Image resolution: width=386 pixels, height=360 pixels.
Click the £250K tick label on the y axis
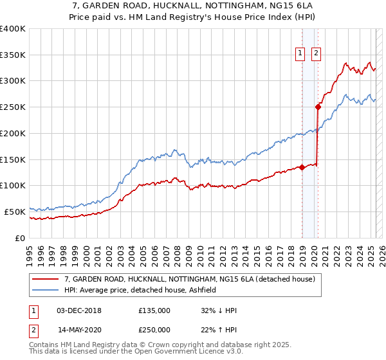tap(13, 107)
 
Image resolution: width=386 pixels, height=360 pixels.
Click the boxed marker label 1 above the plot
tap(301, 54)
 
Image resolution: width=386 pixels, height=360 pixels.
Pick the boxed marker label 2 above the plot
tap(317, 54)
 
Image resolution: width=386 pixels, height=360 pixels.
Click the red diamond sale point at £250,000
tap(318, 107)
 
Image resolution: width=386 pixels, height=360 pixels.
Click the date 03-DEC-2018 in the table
tap(79, 310)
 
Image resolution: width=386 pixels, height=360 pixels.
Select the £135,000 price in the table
tap(154, 310)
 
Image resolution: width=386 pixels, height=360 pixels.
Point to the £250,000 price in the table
tap(154, 330)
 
